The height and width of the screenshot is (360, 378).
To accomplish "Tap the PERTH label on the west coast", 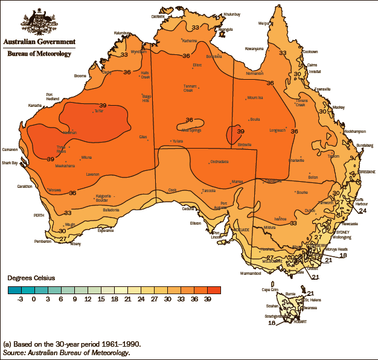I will tap(39, 216).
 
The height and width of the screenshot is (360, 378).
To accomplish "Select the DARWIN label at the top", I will tap(158, 17).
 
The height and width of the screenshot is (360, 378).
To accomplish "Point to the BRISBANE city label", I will tap(367, 172).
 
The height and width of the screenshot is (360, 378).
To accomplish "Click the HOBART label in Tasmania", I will tap(301, 321).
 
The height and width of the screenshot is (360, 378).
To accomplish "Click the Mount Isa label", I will tap(255, 98).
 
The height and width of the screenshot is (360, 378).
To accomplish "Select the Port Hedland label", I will tap(53, 97).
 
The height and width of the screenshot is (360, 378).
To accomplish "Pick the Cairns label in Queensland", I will tap(313, 65).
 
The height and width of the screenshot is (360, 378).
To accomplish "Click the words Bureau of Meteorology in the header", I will tap(39, 54).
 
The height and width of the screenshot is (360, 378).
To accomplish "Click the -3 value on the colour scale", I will tap(21, 298).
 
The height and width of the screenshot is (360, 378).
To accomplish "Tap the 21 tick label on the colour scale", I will tap(127, 298).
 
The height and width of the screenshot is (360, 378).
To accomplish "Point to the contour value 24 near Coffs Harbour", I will tap(362, 211).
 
